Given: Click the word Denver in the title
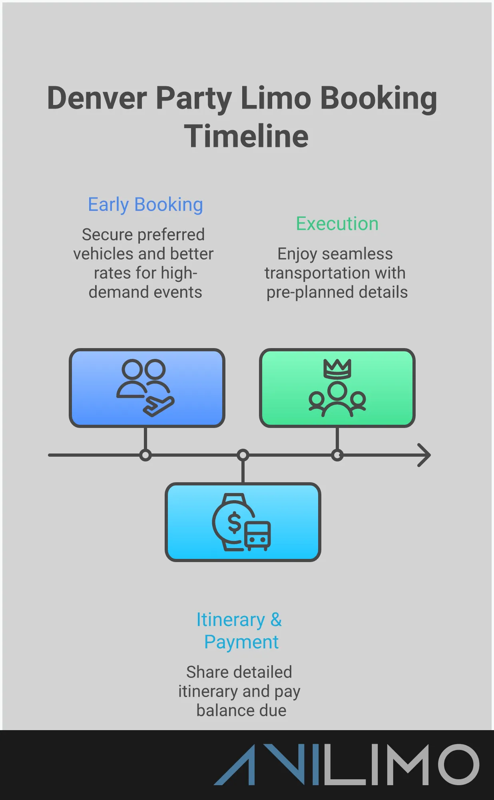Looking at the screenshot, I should tap(97, 98).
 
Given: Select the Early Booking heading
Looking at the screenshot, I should tap(145, 205).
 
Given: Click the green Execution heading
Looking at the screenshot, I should tap(337, 224).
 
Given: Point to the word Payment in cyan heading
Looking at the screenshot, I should tap(241, 642).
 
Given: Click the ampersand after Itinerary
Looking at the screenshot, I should tap(276, 620).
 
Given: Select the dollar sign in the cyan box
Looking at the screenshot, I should tap(234, 523).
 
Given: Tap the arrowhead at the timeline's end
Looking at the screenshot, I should tap(424, 455).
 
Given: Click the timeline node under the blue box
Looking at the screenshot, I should tap(145, 455).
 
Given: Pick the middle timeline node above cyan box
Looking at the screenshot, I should tap(243, 455).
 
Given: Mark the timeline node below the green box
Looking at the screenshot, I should tap(337, 455).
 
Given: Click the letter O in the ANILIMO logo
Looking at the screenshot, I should tap(458, 764).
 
